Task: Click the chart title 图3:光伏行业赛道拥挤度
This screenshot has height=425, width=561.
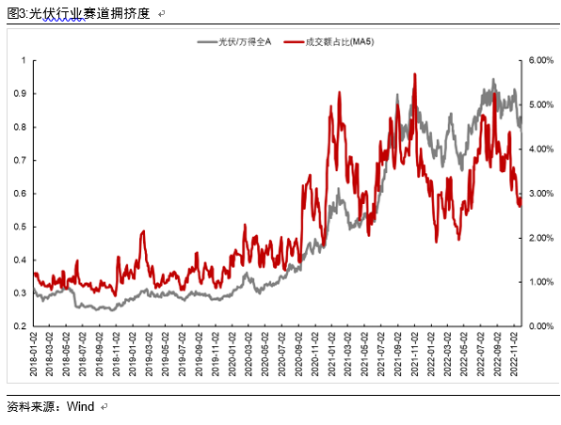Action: tap(78, 13)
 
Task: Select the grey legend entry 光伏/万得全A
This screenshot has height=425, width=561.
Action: tap(234, 42)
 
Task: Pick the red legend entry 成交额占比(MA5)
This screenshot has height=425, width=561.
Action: tap(329, 42)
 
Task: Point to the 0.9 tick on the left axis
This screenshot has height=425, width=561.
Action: tap(20, 94)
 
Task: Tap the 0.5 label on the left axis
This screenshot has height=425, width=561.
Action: tap(20, 227)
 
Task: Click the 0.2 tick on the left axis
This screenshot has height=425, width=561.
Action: tap(20, 326)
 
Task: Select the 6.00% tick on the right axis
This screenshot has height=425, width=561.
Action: tap(541, 60)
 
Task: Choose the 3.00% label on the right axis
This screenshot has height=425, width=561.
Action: tap(541, 194)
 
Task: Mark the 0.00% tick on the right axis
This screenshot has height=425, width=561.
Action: tap(541, 326)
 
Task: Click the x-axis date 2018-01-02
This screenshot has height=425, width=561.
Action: tap(33, 354)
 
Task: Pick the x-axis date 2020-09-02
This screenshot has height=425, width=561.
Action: tap(298, 354)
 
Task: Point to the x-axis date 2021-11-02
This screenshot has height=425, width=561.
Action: tap(414, 354)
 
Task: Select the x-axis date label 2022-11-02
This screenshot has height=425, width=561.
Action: tap(514, 354)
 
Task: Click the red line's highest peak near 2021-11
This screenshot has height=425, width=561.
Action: tap(415, 74)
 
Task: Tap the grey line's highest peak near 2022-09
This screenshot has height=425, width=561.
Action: tap(493, 79)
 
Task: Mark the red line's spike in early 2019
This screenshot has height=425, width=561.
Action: tap(143, 231)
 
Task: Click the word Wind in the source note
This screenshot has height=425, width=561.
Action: tap(81, 406)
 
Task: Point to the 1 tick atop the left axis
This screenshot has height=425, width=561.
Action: tap(24, 60)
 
